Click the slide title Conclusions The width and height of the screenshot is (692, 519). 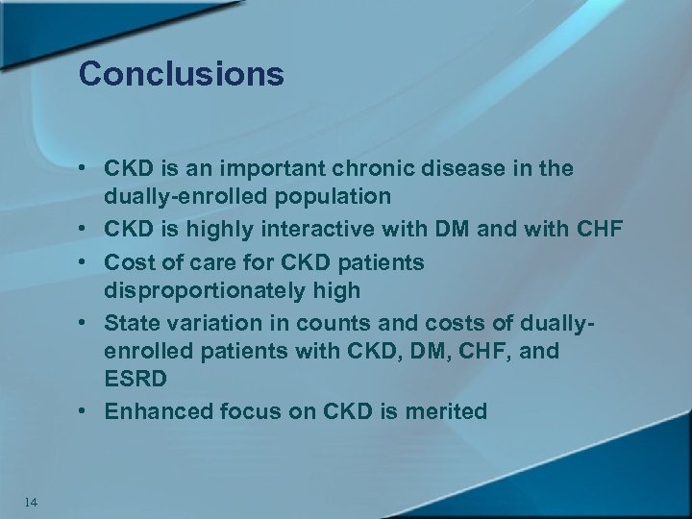click(182, 74)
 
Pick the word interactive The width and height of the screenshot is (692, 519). click(327, 232)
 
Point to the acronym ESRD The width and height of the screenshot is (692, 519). click(136, 380)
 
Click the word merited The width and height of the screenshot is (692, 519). click(447, 411)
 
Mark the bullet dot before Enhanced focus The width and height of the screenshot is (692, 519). click(86, 411)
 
